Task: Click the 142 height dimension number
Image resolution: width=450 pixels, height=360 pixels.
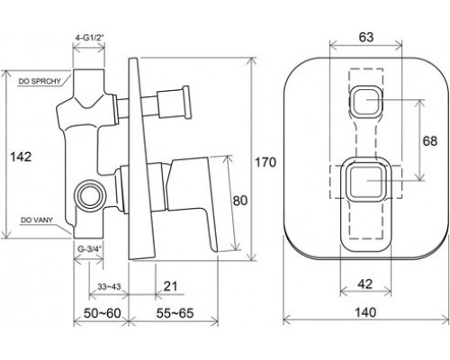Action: [x=21, y=157]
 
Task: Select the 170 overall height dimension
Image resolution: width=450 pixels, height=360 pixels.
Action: [x=265, y=162]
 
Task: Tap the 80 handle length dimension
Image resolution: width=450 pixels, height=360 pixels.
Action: [x=240, y=201]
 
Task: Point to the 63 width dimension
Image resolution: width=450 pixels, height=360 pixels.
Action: [x=366, y=37]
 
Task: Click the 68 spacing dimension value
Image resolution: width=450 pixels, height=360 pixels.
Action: [x=429, y=140]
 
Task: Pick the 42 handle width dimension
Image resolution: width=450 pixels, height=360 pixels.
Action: [x=365, y=283]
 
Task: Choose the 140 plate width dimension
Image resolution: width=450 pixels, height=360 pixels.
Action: [x=365, y=312]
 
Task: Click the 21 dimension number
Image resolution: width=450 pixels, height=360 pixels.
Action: [x=171, y=286]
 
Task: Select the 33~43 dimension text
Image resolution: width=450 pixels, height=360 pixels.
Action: [x=109, y=287]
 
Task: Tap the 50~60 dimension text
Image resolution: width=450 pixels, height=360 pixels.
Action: [x=102, y=313]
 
